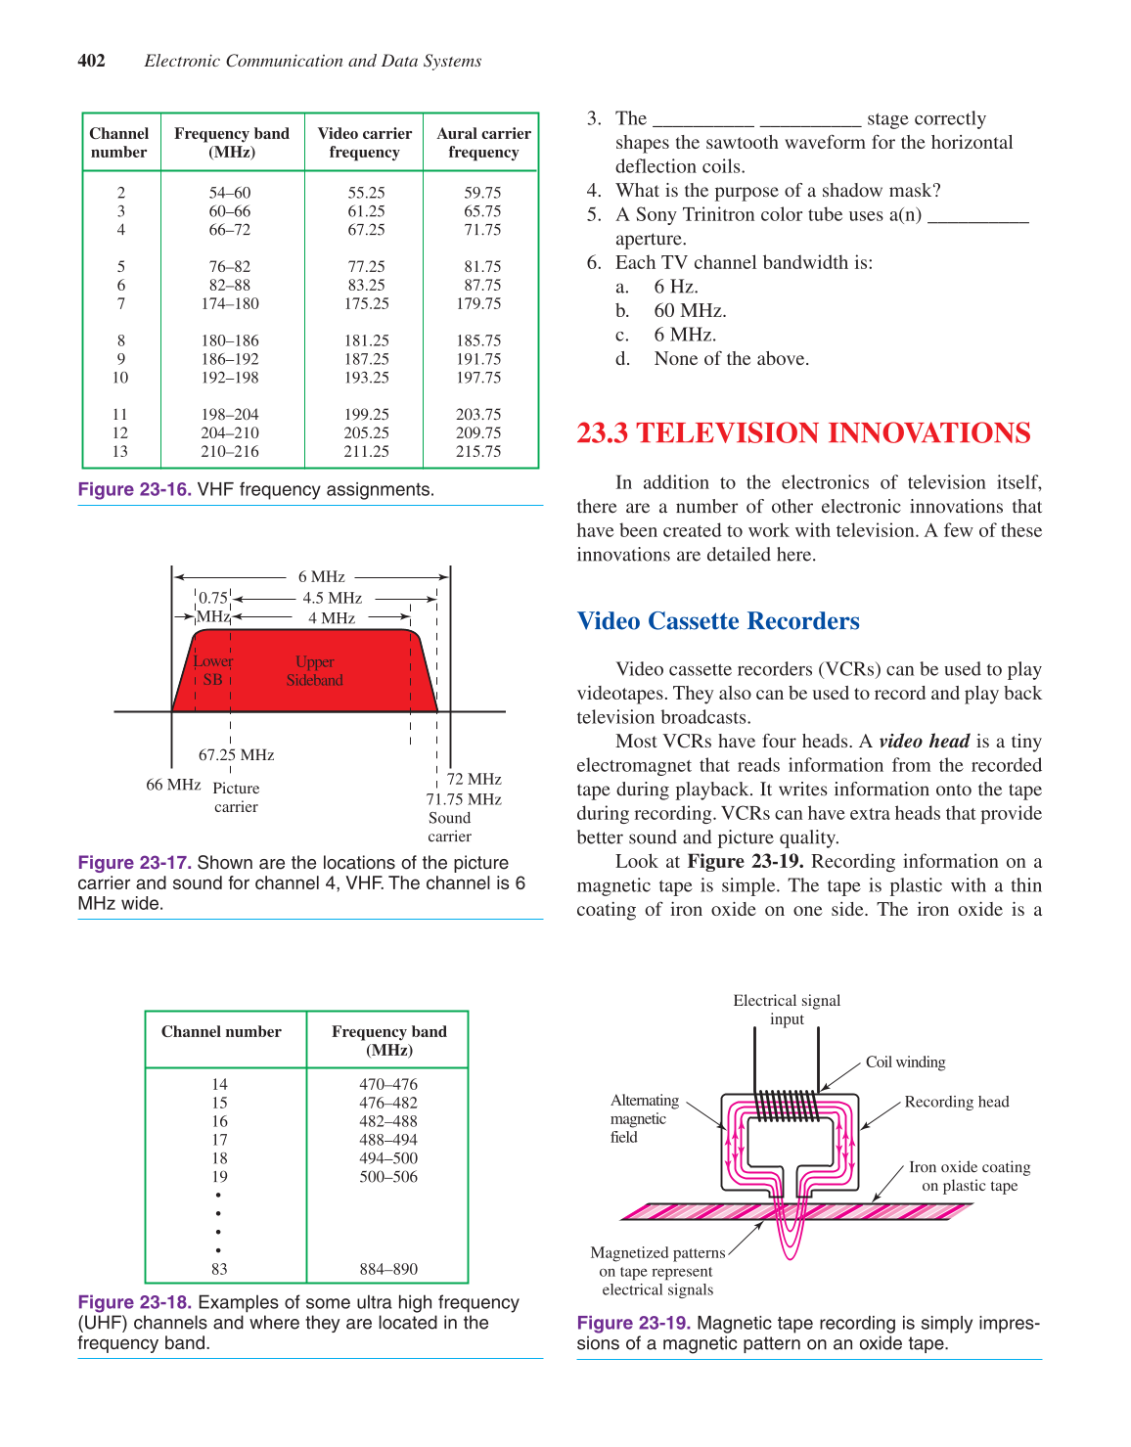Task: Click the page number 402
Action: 92,61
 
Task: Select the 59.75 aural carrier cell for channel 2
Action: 482,193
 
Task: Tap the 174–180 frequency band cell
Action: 230,303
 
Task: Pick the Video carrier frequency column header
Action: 364,143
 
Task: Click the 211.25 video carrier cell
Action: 366,451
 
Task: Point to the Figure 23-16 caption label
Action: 134,489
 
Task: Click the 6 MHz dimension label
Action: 321,577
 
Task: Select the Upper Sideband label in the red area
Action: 314,671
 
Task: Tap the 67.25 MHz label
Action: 236,755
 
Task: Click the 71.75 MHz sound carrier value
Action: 463,799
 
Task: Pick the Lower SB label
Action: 212,670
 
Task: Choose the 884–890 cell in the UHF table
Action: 388,1269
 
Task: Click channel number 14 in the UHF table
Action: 219,1084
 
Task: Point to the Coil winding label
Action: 905,1063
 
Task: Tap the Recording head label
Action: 956,1102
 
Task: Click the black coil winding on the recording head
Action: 787,1106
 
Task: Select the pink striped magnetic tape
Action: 685,1211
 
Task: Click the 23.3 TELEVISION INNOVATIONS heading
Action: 803,433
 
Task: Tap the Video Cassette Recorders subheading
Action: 718,621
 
